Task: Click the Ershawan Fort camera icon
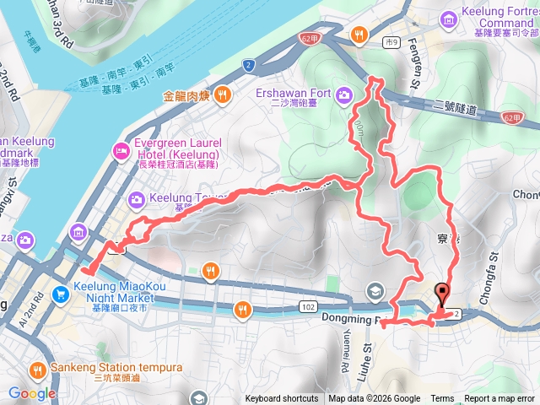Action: click(344, 94)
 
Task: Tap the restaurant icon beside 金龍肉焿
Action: click(224, 95)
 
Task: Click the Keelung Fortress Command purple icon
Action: click(471, 16)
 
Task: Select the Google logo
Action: click(32, 393)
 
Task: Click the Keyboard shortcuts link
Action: click(282, 399)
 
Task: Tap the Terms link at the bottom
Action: click(442, 399)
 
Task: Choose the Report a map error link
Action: click(500, 399)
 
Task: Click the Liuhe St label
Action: click(368, 346)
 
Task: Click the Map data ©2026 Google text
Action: click(375, 399)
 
